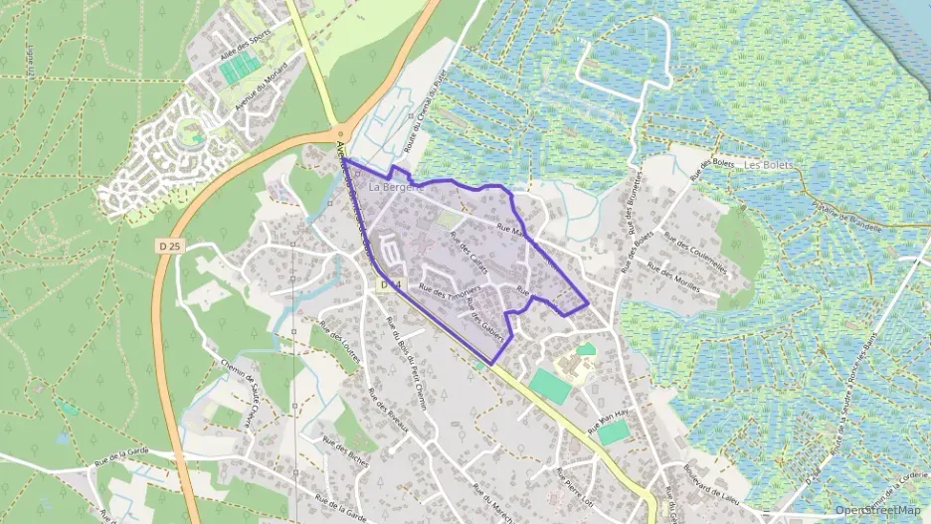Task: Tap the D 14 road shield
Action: [x=390, y=285]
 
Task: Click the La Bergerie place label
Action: [x=396, y=186]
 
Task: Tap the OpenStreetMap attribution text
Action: [x=878, y=510]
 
